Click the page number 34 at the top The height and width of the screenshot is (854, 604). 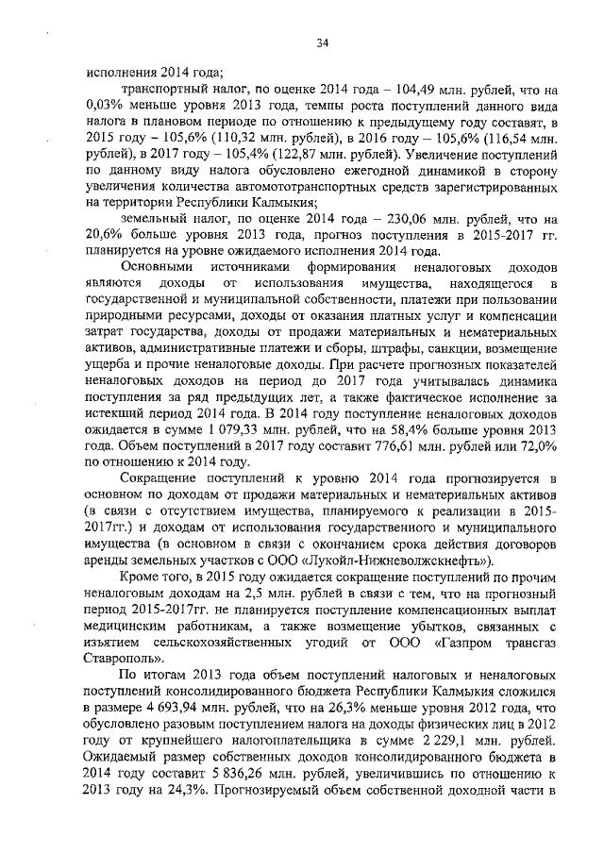[322, 42]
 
